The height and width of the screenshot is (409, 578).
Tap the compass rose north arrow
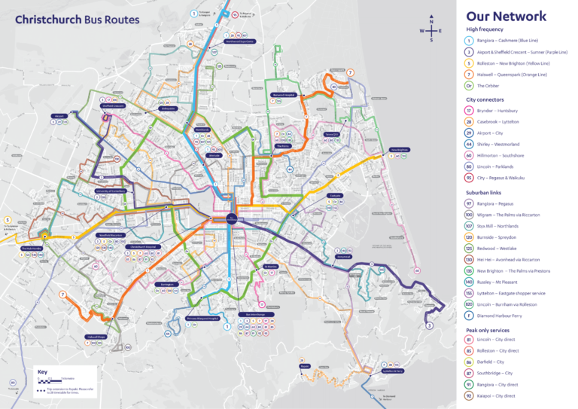point(431,20)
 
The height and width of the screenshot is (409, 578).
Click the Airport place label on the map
point(59,116)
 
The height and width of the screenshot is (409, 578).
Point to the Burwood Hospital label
point(282,95)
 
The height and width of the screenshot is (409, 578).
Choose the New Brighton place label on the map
point(399,150)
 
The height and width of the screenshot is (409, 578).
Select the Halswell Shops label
point(96,337)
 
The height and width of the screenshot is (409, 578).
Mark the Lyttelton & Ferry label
point(394,371)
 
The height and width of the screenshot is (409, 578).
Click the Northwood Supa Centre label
point(240,41)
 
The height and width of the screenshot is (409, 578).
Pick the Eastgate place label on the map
point(336,196)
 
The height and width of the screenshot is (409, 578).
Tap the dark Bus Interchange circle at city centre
point(230,219)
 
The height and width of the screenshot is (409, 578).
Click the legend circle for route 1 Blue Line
point(469,40)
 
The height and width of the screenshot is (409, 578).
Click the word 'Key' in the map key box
point(44,372)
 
